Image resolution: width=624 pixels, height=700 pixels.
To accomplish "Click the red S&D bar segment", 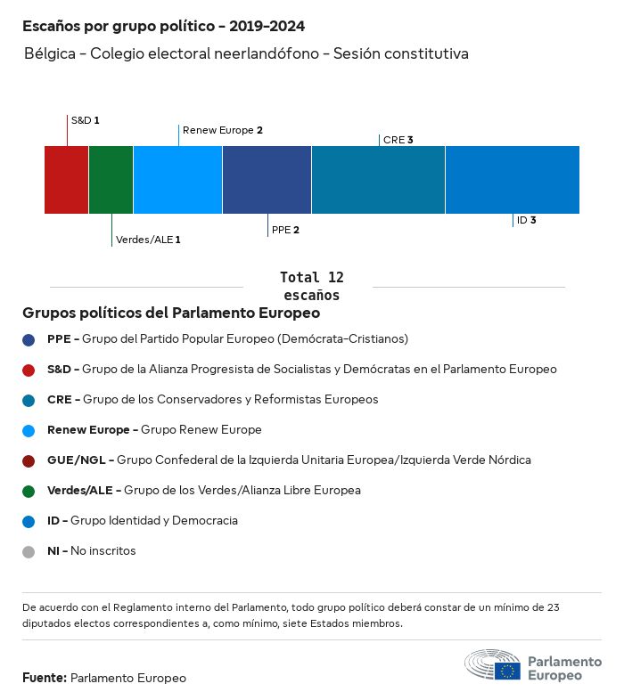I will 66,180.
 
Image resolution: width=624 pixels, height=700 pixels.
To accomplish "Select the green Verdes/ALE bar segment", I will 111,180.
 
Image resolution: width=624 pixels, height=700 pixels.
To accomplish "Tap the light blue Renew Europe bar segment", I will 177,180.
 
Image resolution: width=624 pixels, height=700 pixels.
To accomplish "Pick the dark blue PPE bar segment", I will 267,180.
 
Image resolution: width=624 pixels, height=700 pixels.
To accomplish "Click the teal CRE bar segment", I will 378,180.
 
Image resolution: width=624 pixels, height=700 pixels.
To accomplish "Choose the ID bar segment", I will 512,180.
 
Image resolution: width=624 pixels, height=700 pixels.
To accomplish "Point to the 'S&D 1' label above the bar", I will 85,119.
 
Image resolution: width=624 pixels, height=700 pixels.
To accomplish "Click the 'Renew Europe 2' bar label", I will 222,130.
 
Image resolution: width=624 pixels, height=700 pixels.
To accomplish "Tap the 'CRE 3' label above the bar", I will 398,140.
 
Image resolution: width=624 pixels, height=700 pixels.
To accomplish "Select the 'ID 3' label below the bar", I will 526,220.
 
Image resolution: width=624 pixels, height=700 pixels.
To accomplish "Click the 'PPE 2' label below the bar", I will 285,230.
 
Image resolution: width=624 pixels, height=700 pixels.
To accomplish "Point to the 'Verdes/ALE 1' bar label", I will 148,240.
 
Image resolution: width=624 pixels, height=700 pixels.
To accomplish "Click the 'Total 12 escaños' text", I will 311,286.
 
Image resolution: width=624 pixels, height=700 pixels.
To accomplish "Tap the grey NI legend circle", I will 29,551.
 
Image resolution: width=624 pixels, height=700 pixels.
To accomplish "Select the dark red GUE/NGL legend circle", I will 29,460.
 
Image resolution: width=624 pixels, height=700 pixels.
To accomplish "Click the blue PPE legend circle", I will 29,339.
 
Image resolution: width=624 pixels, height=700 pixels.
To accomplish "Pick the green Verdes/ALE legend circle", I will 29,491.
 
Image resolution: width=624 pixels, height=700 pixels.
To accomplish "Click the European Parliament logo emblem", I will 492,665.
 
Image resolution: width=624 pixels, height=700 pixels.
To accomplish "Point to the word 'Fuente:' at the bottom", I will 45,678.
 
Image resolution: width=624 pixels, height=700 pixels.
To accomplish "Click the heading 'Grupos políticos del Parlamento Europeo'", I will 171,313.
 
